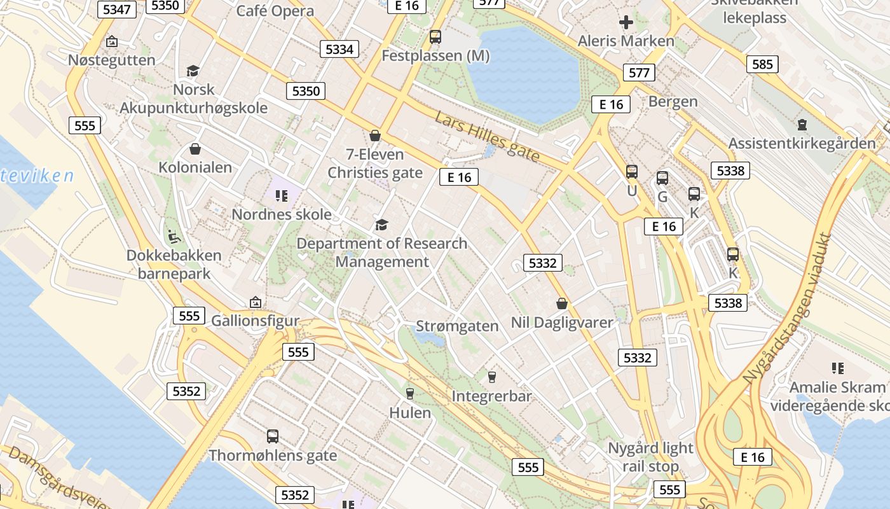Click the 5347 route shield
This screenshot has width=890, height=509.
pyautogui.click(x=116, y=9)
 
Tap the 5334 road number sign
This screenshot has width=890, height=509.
pyautogui.click(x=339, y=49)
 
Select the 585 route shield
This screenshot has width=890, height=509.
pyautogui.click(x=762, y=64)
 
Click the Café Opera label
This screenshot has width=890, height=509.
pyautogui.click(x=275, y=11)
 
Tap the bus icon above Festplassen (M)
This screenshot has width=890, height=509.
pyautogui.click(x=435, y=37)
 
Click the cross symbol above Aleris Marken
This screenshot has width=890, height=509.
pyautogui.click(x=626, y=23)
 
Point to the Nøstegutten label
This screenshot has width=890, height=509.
pyautogui.click(x=112, y=60)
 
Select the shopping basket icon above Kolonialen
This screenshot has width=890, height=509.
pyautogui.click(x=195, y=149)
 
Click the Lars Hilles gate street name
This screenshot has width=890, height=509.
pyautogui.click(x=488, y=136)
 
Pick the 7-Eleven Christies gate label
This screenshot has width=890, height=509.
pyautogui.click(x=374, y=164)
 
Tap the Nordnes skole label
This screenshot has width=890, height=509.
pyautogui.click(x=281, y=214)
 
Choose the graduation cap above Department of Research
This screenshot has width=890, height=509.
pyautogui.click(x=381, y=225)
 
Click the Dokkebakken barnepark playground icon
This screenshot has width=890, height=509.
pyautogui.click(x=173, y=237)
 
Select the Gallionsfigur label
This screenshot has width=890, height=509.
pyautogui.click(x=255, y=320)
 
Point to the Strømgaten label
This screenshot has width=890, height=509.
pyautogui.click(x=457, y=326)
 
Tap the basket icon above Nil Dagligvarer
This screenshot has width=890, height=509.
pyautogui.click(x=561, y=303)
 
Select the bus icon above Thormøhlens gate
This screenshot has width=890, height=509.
pyautogui.click(x=273, y=436)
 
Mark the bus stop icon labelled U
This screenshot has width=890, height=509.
pyautogui.click(x=632, y=172)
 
